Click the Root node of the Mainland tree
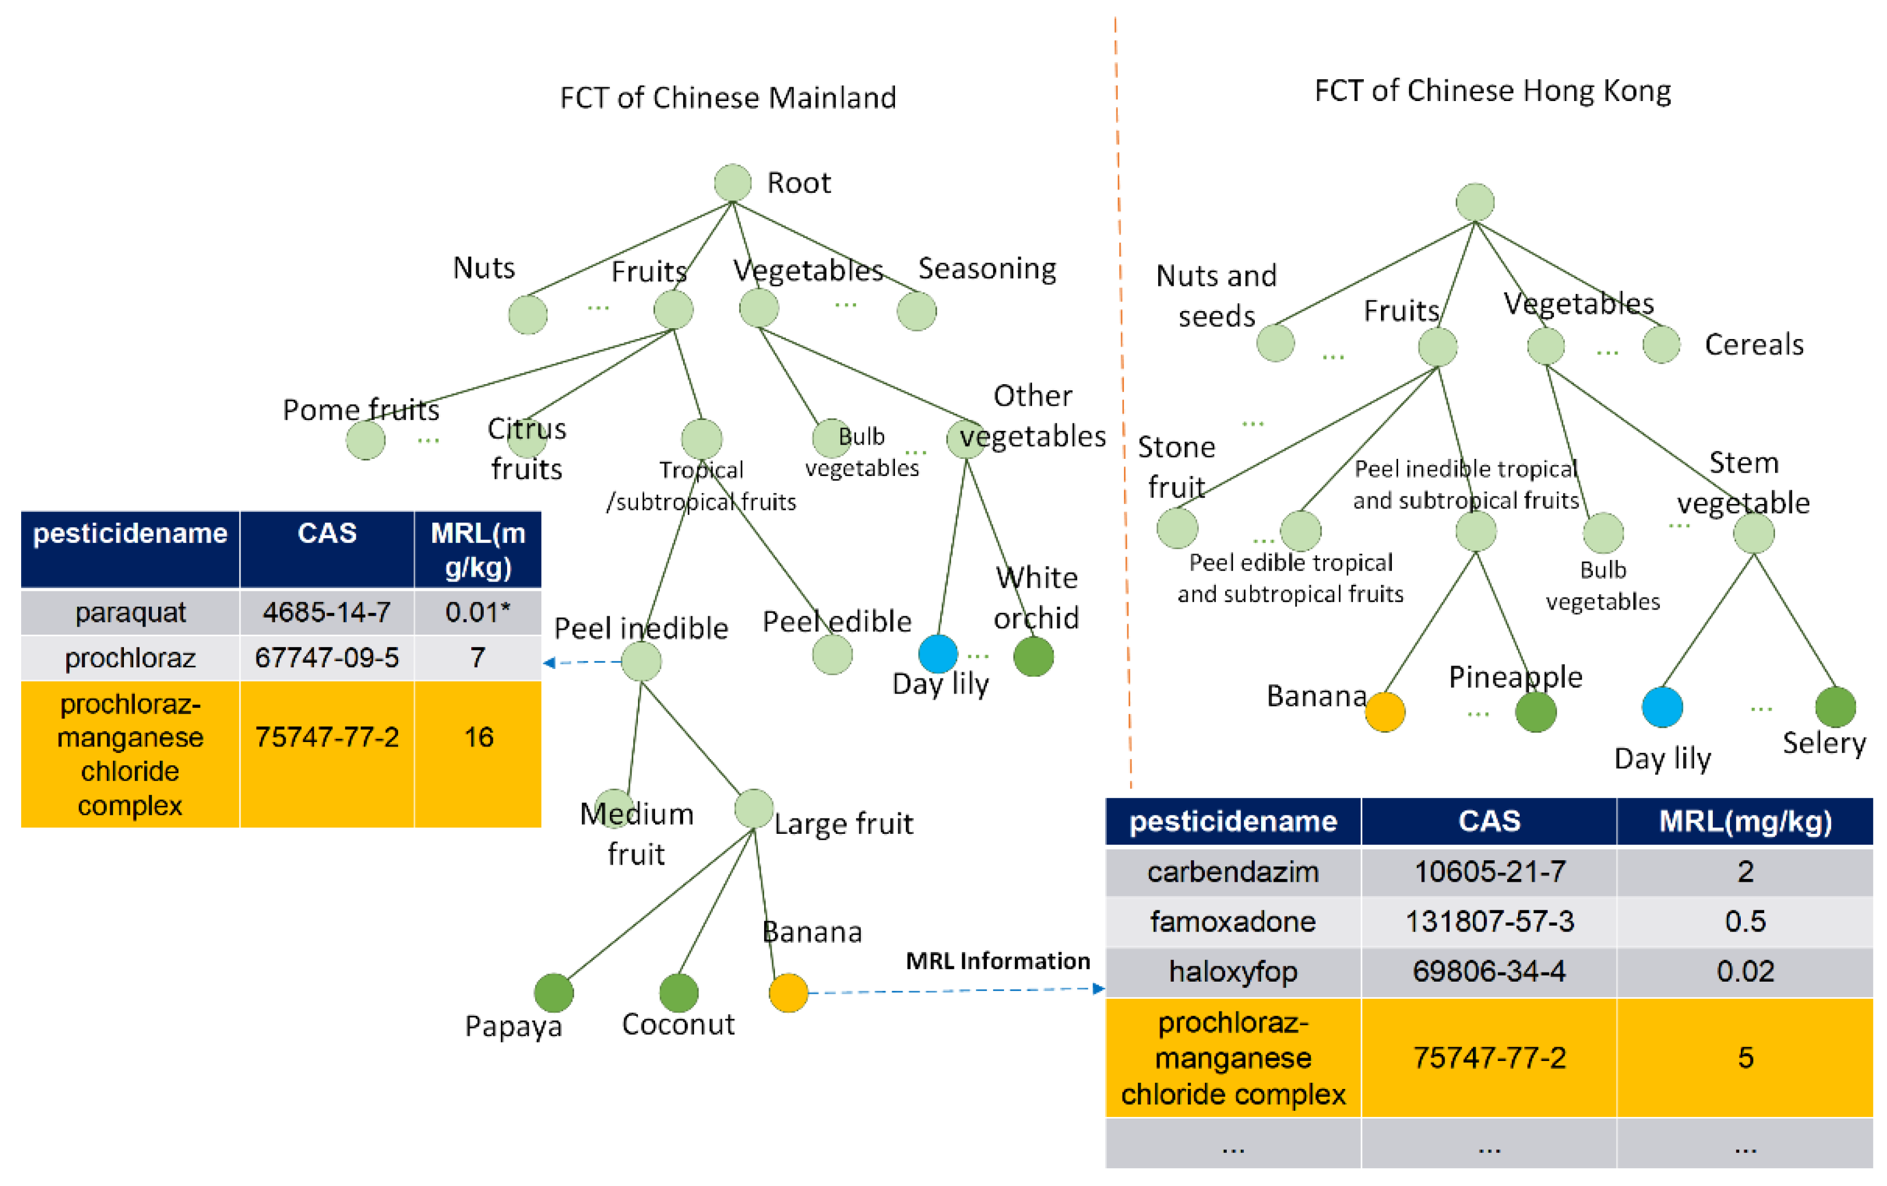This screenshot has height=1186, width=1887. (733, 183)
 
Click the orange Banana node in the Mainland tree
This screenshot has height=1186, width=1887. (788, 993)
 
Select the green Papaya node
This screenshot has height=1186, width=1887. (553, 993)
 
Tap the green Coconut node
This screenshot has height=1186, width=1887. (678, 993)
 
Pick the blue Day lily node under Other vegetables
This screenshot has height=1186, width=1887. (937, 653)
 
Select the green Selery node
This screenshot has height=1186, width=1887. (1834, 707)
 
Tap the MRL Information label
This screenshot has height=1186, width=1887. (998, 961)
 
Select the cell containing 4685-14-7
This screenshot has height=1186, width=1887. (327, 612)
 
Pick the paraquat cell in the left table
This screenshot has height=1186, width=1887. (130, 612)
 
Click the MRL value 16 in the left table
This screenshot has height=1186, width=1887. (478, 737)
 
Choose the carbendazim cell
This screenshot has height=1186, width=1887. (1232, 871)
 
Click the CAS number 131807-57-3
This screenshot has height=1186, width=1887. (1489, 921)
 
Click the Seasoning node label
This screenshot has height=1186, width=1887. (986, 269)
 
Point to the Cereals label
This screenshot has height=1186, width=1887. (1754, 345)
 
